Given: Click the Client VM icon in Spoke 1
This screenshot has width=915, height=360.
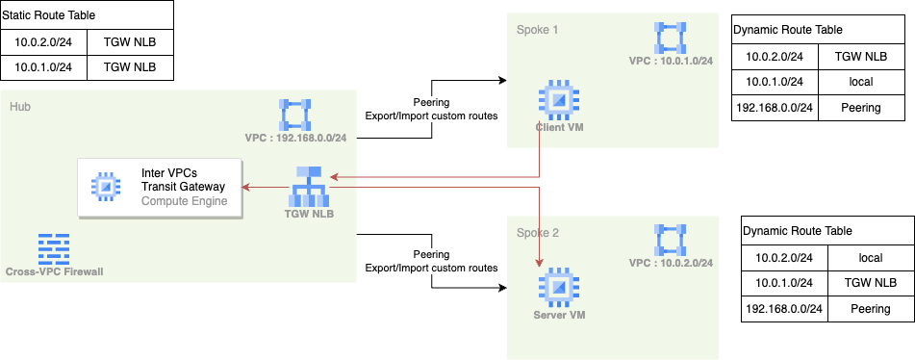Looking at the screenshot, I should (x=556, y=98).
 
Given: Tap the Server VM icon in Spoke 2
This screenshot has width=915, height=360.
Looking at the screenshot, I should (x=555, y=287).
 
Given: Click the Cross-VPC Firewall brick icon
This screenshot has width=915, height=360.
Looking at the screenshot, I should (x=53, y=248).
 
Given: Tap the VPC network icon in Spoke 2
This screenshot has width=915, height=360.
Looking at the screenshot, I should (x=671, y=241).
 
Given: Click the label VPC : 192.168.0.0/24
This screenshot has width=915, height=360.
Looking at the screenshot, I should (x=296, y=138).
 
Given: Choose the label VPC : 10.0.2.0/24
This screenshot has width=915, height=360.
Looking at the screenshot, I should (x=671, y=263).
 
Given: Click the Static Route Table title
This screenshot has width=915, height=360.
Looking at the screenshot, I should (x=49, y=16).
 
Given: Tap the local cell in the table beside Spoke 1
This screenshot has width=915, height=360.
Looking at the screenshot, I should (x=860, y=82).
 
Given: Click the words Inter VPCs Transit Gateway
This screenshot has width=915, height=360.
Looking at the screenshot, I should (x=182, y=179).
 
